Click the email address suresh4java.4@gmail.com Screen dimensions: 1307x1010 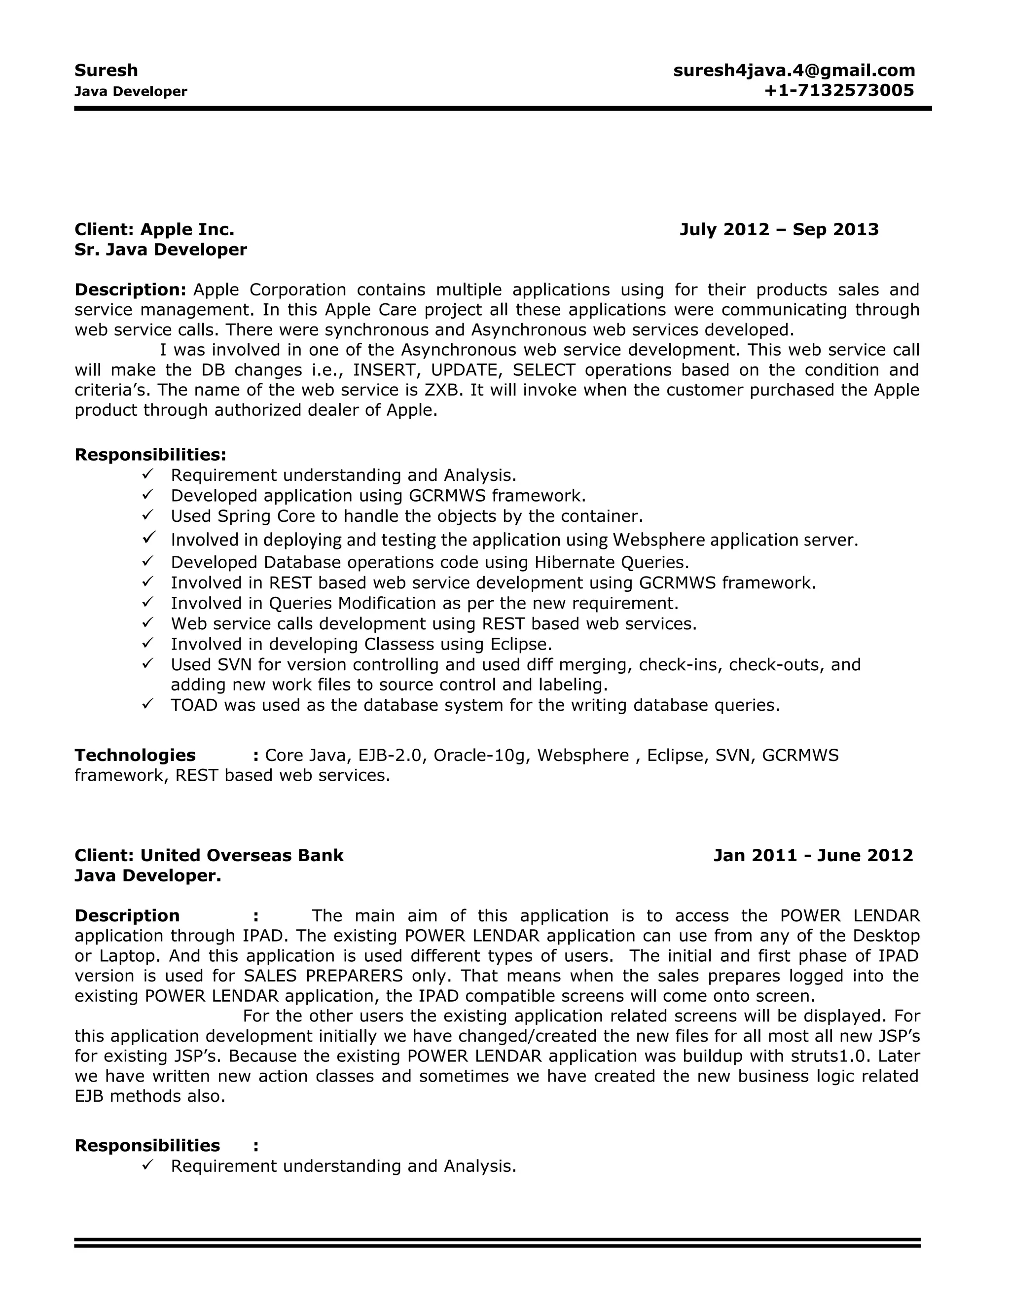coord(794,71)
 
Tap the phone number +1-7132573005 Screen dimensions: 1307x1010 coord(838,91)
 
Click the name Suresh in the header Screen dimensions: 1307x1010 coord(106,71)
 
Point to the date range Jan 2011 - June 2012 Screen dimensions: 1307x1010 coord(813,856)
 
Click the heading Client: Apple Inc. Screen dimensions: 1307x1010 coord(154,230)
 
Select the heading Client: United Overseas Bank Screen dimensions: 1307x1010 coord(209,856)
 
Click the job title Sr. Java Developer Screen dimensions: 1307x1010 coord(160,250)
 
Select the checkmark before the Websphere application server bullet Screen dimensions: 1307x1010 coord(149,538)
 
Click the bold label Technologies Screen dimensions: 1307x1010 coord(135,756)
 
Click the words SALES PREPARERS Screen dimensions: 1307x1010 coord(323,976)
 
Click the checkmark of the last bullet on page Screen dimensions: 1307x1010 coord(148,1164)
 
